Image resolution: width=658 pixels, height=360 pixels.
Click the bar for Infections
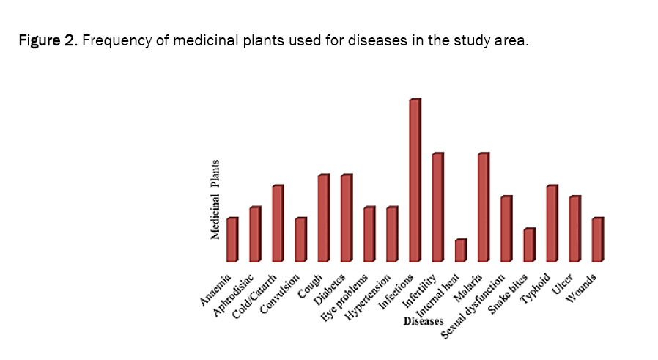[x=415, y=180]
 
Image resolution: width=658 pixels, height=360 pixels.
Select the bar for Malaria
[x=483, y=207]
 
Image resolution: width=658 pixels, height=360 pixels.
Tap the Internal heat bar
[x=460, y=251]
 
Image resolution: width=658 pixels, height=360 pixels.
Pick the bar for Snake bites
[x=528, y=245]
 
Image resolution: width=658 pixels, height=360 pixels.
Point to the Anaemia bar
[x=232, y=240]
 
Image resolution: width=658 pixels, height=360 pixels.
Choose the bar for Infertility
[x=437, y=207]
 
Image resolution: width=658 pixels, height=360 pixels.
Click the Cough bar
[x=323, y=218]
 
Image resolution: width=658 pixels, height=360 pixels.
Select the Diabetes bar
[x=346, y=218]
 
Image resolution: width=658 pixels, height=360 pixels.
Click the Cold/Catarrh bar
[x=278, y=224]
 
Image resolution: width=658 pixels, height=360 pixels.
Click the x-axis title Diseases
[x=424, y=321]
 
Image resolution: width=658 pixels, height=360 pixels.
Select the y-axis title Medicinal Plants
[x=216, y=199]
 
